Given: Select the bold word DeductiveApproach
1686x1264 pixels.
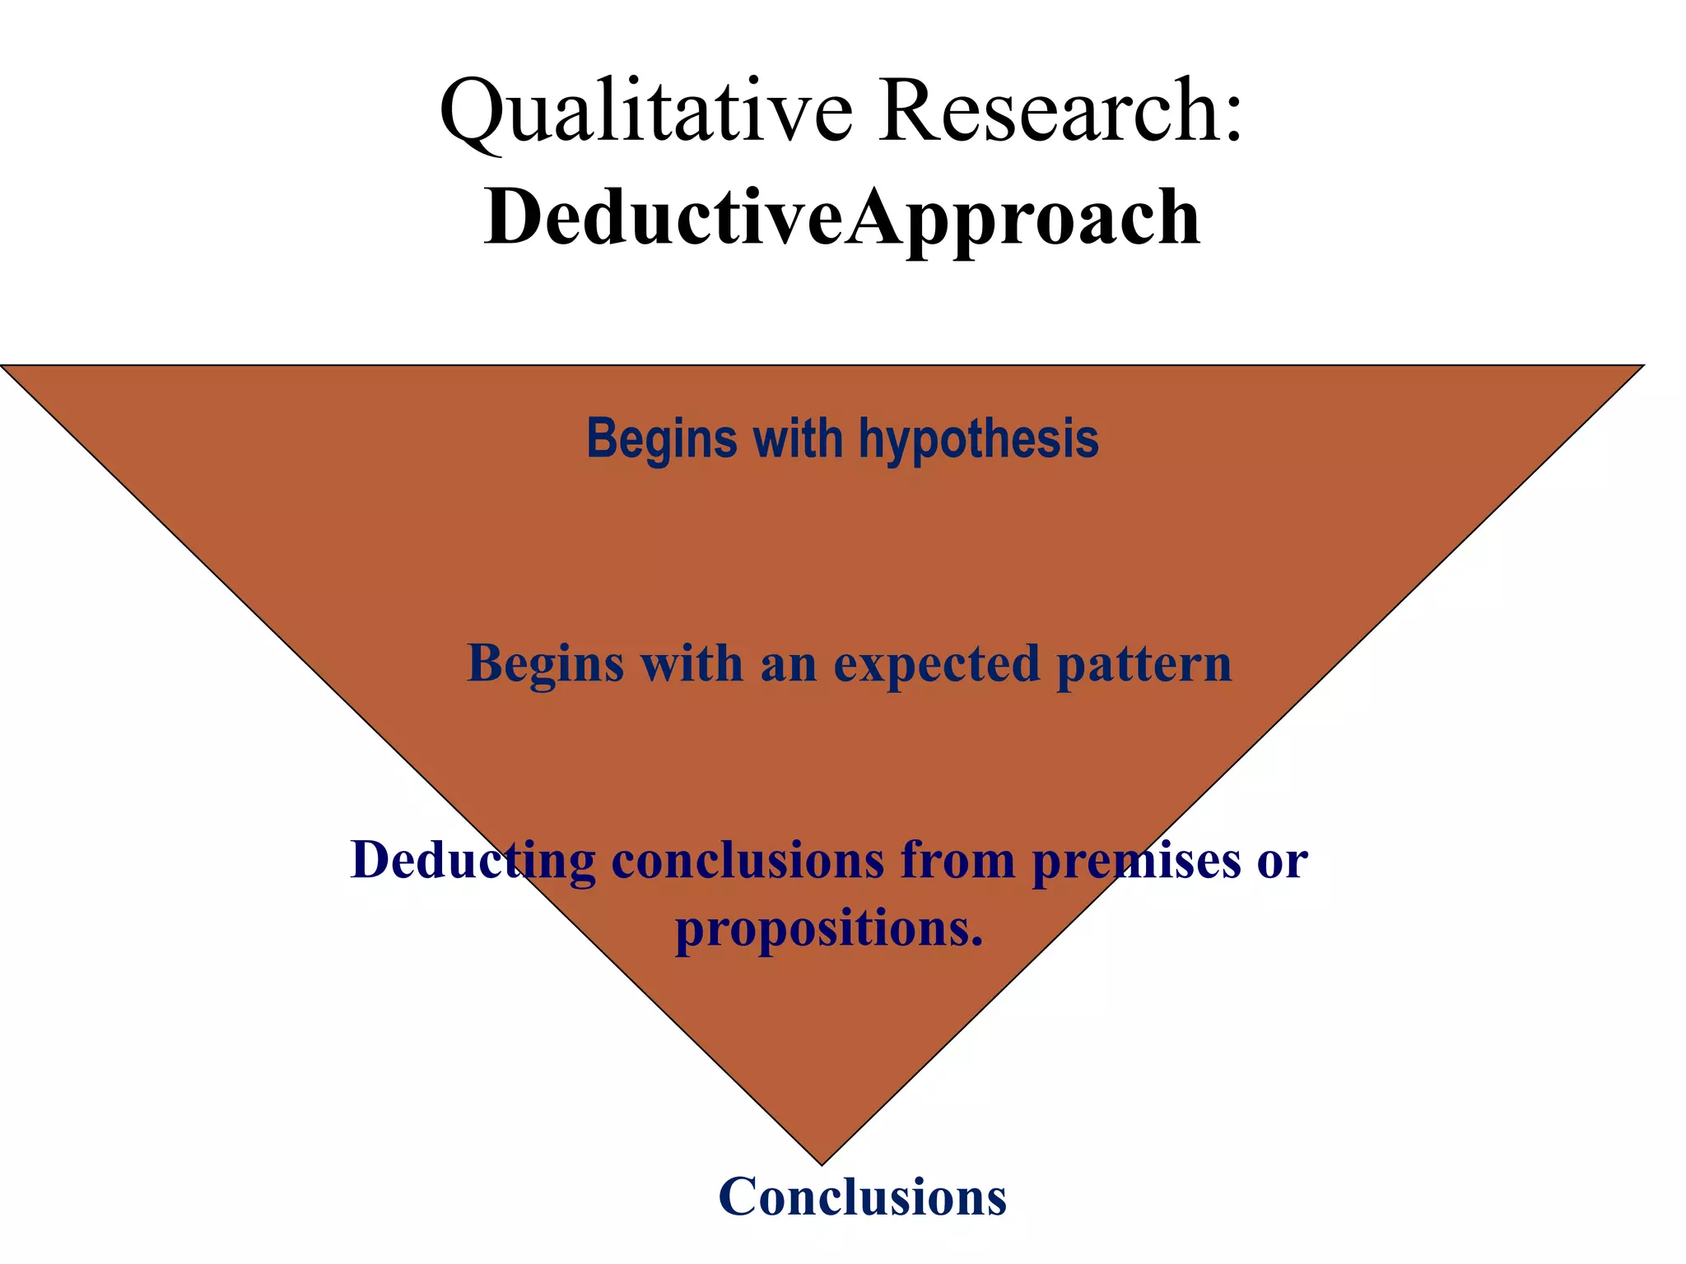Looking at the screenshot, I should click(x=841, y=218).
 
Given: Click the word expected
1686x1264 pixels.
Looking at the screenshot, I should click(x=936, y=663).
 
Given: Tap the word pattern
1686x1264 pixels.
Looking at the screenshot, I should click(x=1144, y=663).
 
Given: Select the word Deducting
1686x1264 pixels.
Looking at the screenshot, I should click(x=473, y=860).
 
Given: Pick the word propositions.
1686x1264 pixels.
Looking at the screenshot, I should click(x=829, y=928).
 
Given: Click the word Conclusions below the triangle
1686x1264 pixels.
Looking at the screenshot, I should click(x=862, y=1197).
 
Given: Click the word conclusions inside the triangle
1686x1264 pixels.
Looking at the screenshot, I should click(x=748, y=860).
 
